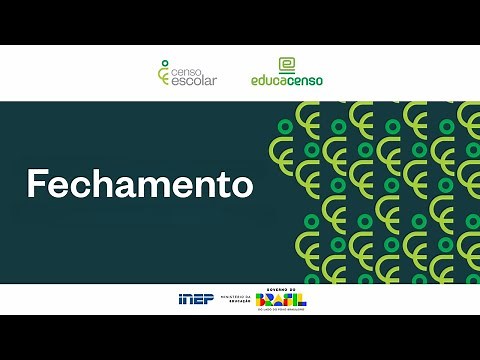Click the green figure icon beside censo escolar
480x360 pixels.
(x=164, y=72)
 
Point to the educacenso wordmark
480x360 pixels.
(x=287, y=80)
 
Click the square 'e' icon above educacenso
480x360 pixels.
(x=287, y=64)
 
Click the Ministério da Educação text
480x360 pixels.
(x=232, y=300)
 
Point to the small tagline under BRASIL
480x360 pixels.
(x=281, y=310)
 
